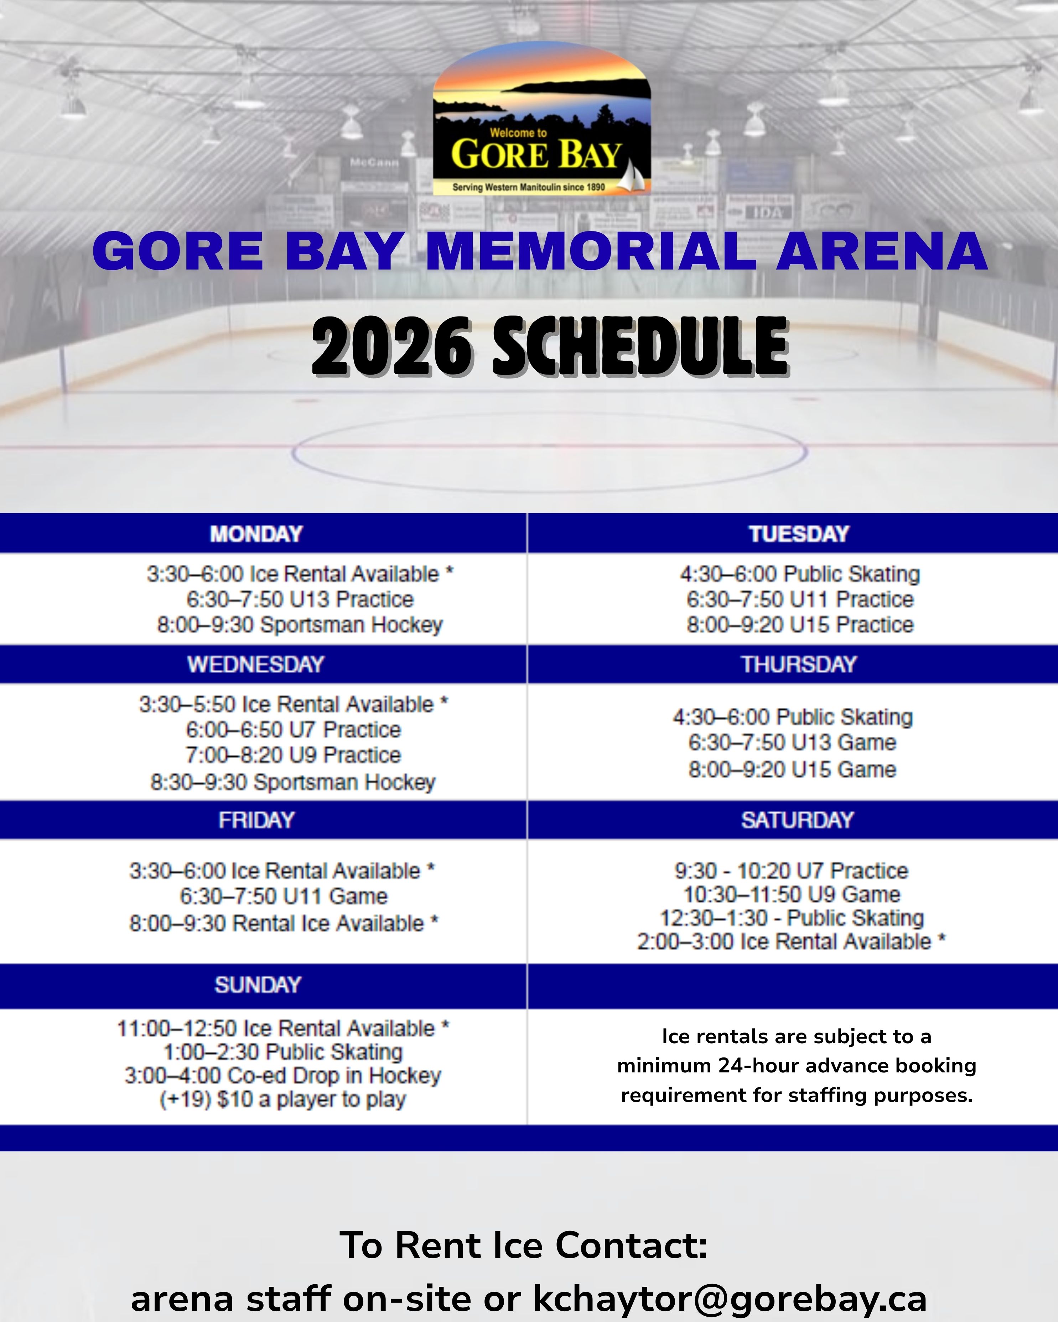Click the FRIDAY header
click(x=256, y=820)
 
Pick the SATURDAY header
click(x=797, y=820)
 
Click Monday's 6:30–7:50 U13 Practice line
click(x=300, y=599)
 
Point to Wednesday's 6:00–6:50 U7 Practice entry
click(x=293, y=730)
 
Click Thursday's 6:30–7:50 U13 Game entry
click(x=792, y=743)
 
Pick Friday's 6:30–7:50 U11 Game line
click(x=283, y=897)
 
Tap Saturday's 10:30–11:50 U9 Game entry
click(x=792, y=894)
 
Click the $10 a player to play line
click(x=283, y=1099)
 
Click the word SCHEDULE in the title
click(x=640, y=346)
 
